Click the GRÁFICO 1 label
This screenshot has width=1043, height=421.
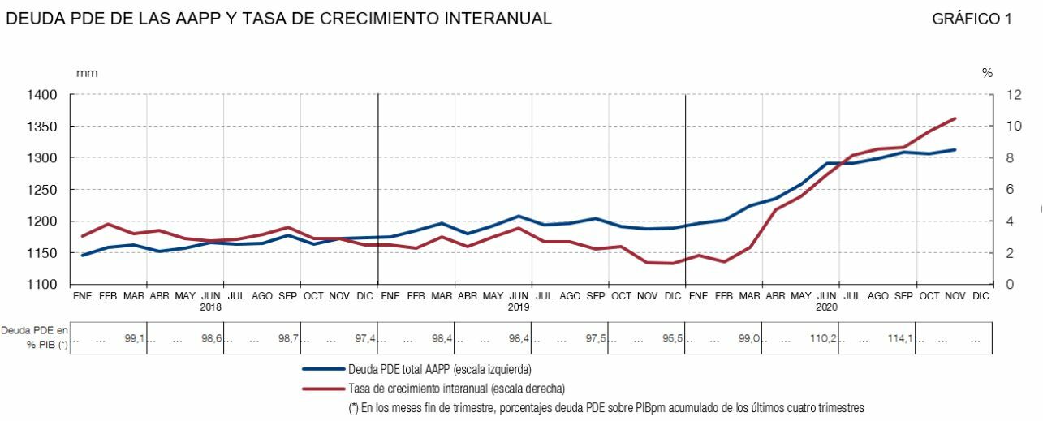click(972, 19)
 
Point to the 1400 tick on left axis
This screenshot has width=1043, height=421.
click(41, 95)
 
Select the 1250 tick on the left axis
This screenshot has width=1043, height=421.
click(41, 190)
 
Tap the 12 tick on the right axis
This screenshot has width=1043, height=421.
click(992, 95)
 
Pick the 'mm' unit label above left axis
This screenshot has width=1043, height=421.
click(86, 73)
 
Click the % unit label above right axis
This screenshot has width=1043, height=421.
click(987, 73)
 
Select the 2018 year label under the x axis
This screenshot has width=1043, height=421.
click(211, 307)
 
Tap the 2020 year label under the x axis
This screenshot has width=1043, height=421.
click(826, 307)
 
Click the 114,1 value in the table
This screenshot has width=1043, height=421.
click(901, 338)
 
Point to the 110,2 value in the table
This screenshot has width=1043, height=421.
click(825, 338)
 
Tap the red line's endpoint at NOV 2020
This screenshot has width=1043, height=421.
click(955, 118)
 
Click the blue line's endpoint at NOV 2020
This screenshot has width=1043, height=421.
click(955, 150)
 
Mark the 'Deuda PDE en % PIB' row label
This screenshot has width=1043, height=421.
click(35, 337)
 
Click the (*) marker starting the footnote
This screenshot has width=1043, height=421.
click(354, 408)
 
